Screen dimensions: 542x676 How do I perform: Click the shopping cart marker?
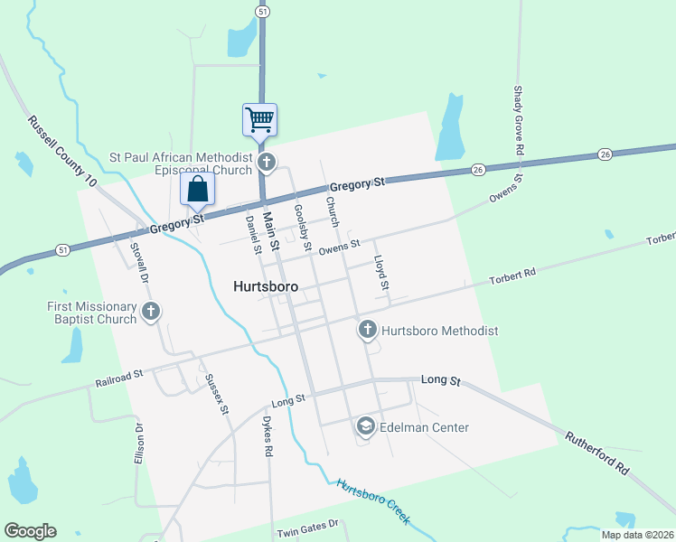click(x=259, y=119)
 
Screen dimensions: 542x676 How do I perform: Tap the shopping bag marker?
click(x=198, y=190)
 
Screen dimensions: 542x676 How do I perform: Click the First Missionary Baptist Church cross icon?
click(x=151, y=313)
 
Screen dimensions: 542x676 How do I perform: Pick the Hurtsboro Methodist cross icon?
click(x=367, y=331)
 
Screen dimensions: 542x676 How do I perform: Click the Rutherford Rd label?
click(x=597, y=453)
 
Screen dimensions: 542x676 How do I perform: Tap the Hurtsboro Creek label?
click(x=373, y=501)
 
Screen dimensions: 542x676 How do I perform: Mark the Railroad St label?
click(x=119, y=378)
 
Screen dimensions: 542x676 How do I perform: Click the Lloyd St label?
click(x=381, y=272)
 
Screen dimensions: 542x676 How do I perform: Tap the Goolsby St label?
click(x=303, y=228)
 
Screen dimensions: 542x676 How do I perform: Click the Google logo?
click(x=30, y=531)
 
